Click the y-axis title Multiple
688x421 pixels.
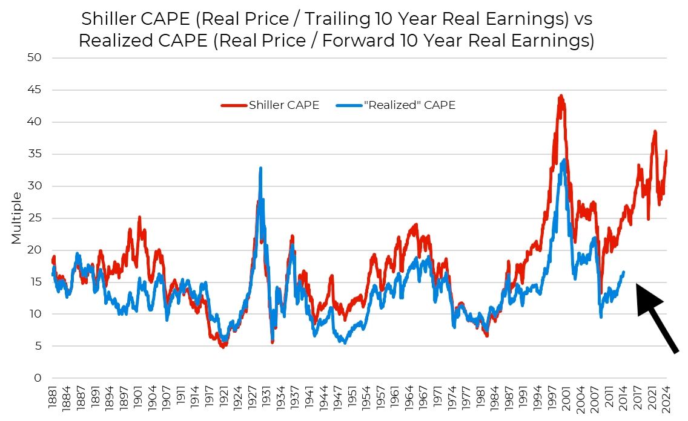(x=16, y=218)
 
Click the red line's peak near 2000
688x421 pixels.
(x=561, y=96)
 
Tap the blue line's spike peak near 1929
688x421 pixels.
(x=260, y=168)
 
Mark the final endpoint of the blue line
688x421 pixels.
(x=624, y=272)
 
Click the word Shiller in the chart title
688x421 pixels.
(x=110, y=19)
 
